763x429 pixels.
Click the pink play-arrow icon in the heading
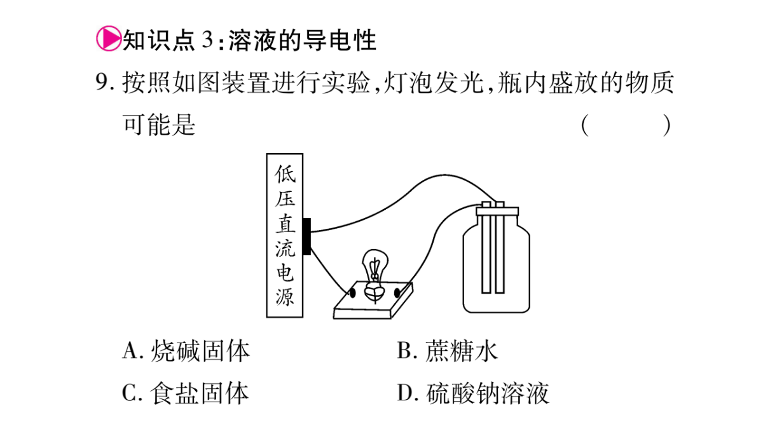click(109, 39)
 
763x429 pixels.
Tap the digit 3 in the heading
click(207, 40)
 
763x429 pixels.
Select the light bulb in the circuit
click(375, 275)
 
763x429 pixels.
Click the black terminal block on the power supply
click(306, 236)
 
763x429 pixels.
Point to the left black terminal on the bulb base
click(352, 293)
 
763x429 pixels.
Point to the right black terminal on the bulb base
click(397, 293)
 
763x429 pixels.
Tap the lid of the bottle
click(497, 211)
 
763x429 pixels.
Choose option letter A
click(131, 350)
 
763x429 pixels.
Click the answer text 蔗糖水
click(462, 350)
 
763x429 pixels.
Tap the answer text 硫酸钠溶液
click(488, 393)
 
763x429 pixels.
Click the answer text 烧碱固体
click(200, 350)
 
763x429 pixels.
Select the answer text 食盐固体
click(200, 393)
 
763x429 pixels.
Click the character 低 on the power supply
click(285, 174)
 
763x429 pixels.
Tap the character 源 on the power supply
click(285, 297)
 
